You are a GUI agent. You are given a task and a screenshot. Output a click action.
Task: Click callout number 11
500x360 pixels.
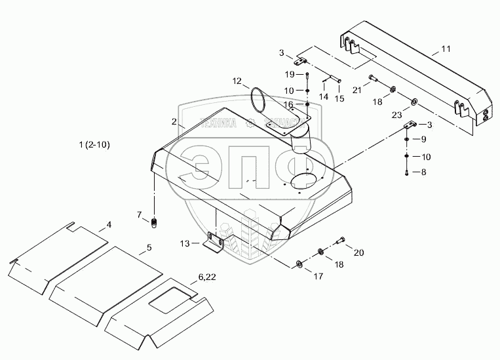pyautogui.click(x=446, y=49)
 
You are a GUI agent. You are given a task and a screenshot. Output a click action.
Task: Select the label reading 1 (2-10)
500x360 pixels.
pyautogui.click(x=92, y=144)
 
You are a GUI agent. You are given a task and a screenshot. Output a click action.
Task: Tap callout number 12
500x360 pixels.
pyautogui.click(x=237, y=81)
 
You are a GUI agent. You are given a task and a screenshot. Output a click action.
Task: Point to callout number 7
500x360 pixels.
pyautogui.click(x=139, y=214)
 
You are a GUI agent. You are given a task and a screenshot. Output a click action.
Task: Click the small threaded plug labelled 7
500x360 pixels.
pyautogui.click(x=155, y=223)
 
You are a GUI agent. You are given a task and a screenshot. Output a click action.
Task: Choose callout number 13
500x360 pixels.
pyautogui.click(x=185, y=244)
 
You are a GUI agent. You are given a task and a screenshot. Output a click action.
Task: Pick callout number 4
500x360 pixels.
pyautogui.click(x=109, y=225)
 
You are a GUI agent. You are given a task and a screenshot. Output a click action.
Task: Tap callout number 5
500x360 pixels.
pyautogui.click(x=149, y=247)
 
